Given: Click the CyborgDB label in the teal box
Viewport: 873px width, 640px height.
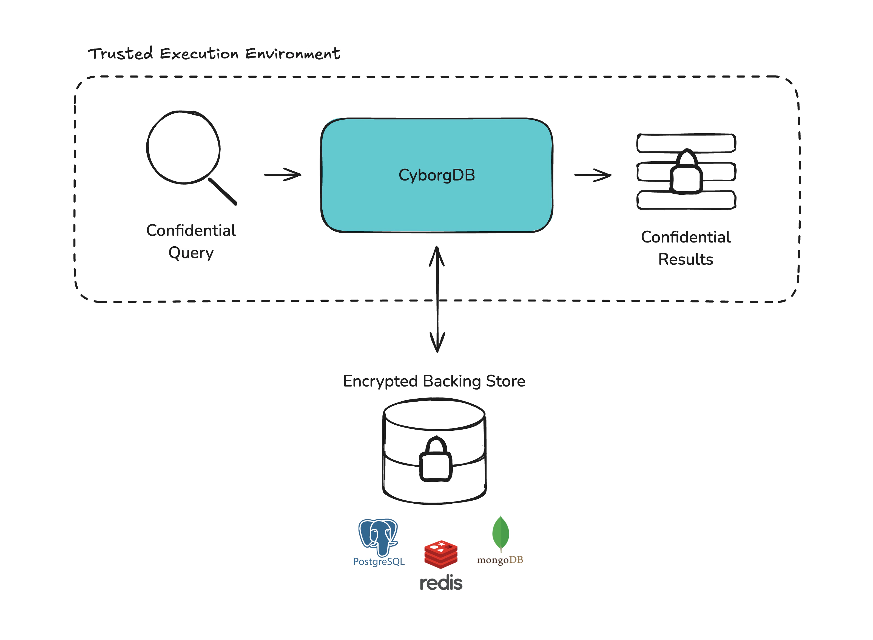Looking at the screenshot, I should pyautogui.click(x=437, y=175).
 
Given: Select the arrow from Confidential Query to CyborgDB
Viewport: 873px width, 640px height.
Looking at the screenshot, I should pyautogui.click(x=283, y=174).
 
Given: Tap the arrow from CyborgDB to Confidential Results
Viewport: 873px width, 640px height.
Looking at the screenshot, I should pyautogui.click(x=593, y=175).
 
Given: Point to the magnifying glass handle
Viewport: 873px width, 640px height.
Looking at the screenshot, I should pyautogui.click(x=223, y=191).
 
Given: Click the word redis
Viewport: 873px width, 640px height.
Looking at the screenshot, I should pyautogui.click(x=441, y=583).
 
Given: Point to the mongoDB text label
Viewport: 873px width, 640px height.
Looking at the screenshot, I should pyautogui.click(x=500, y=560).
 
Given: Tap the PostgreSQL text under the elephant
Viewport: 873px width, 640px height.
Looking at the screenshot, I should pyautogui.click(x=379, y=562).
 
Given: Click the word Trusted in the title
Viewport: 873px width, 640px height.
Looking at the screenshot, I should pyautogui.click(x=120, y=53).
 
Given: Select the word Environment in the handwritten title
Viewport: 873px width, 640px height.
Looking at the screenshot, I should pyautogui.click(x=293, y=53).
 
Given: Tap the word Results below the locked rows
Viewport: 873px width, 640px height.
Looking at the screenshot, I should pyautogui.click(x=686, y=259).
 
